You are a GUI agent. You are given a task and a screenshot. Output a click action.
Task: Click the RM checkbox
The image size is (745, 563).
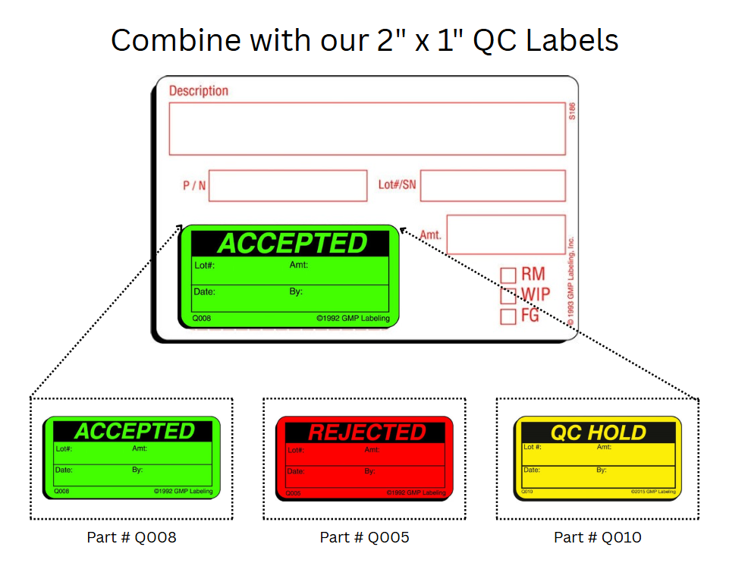pos(508,275)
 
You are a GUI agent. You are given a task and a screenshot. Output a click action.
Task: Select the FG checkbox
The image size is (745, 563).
pos(508,316)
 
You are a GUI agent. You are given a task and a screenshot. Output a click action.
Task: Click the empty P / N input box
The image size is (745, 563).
pos(288,186)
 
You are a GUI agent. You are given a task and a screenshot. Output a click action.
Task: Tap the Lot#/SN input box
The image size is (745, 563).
pos(492,186)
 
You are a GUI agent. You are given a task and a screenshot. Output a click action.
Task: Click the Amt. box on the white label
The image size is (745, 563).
pos(506,234)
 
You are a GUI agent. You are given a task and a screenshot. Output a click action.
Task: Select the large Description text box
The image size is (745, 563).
pos(366,128)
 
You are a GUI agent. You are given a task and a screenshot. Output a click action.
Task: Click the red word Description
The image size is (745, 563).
pos(198,91)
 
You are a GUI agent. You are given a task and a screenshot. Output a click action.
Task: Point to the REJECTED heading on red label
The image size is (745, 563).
pos(366,432)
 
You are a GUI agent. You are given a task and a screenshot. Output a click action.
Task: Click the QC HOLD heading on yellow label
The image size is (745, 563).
pos(598,432)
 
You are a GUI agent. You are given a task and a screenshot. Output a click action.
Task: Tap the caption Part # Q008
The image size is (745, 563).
pos(131,537)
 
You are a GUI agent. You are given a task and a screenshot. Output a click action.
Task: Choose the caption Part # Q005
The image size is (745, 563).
pos(364,537)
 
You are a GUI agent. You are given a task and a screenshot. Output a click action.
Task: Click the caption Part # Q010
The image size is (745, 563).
pos(597,537)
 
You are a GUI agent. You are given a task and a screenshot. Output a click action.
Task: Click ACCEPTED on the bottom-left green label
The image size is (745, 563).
pos(134,431)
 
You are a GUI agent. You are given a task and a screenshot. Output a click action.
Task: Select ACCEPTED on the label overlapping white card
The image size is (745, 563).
pos(292,244)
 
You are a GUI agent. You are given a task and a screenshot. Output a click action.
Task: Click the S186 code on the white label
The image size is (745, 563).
pos(572,112)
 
